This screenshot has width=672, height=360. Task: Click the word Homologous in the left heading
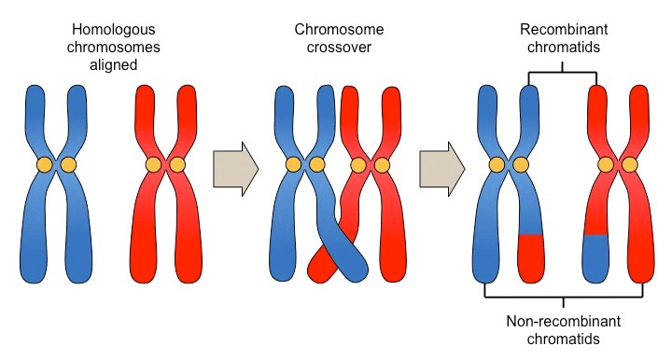(114, 30)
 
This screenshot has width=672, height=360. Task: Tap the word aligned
(114, 64)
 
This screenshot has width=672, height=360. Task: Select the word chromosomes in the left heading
(114, 47)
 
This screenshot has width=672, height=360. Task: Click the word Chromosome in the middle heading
(339, 30)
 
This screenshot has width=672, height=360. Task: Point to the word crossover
(339, 47)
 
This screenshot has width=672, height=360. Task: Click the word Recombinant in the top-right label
(564, 30)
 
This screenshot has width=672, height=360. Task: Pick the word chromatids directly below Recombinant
(564, 47)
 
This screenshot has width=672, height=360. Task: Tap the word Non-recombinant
(563, 321)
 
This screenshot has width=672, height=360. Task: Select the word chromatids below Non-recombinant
(563, 339)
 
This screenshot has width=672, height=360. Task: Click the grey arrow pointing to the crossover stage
(236, 169)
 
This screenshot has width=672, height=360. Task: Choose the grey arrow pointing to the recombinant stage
(441, 169)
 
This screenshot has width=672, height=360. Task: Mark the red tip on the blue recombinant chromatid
(531, 258)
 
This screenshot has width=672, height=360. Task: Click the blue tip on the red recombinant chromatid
(596, 258)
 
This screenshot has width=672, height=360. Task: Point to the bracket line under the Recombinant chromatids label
(562, 73)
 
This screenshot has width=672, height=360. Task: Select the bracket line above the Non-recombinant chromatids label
(564, 297)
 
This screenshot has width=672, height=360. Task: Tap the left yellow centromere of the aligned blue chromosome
(44, 165)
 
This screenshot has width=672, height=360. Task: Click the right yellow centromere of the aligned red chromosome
(177, 165)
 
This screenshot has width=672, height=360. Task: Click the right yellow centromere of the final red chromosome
(630, 165)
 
